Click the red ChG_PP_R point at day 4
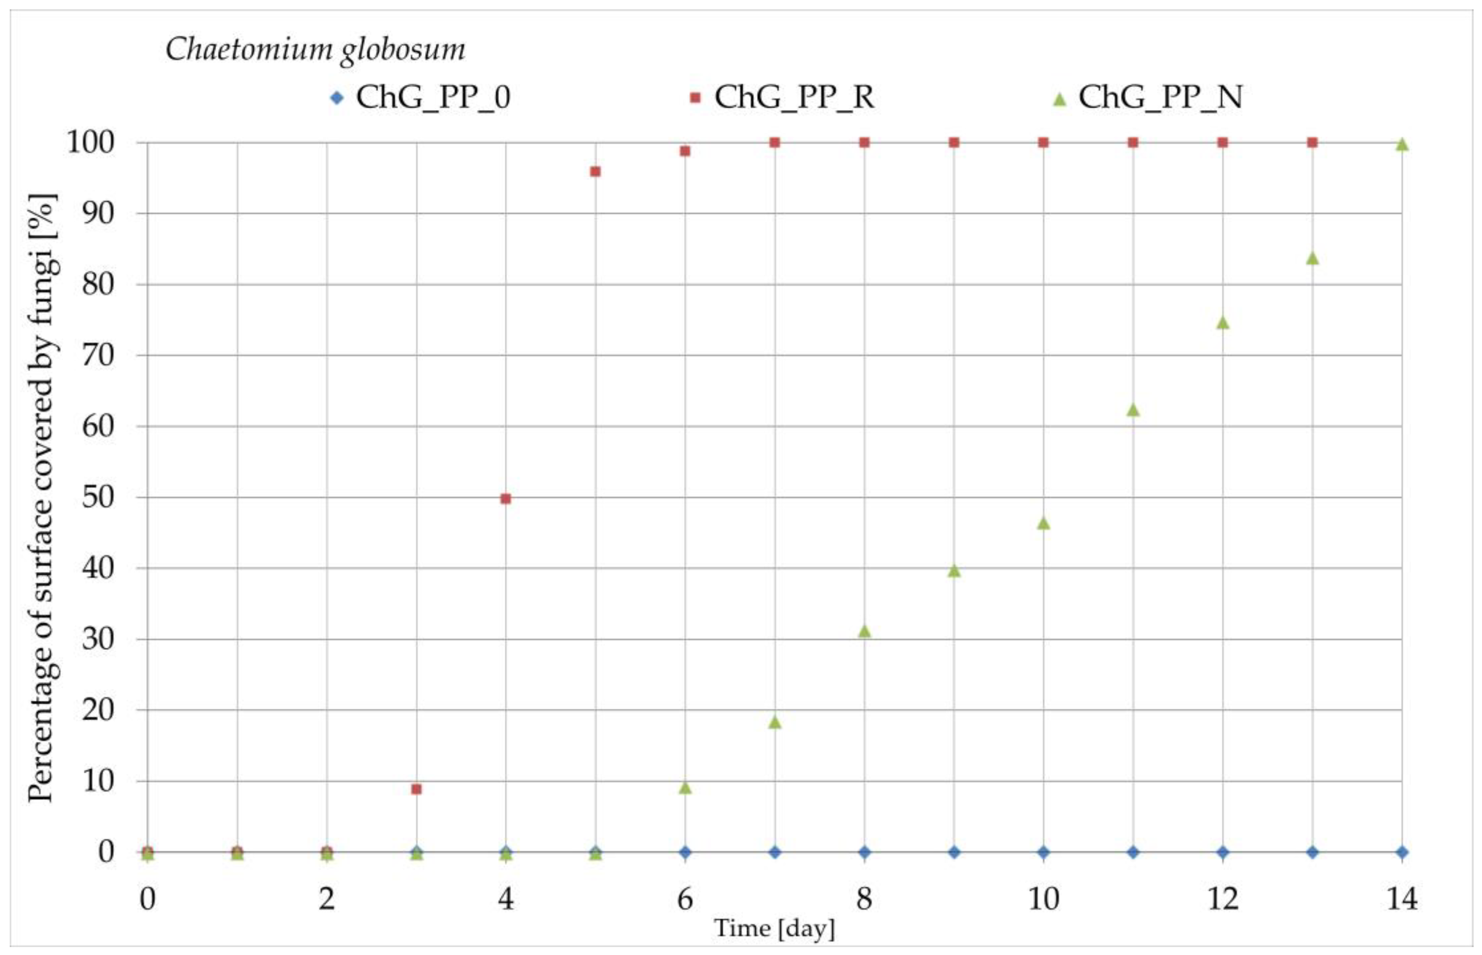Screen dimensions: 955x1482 click(506, 499)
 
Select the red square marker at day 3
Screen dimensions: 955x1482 click(416, 789)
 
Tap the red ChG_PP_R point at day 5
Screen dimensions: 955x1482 click(595, 172)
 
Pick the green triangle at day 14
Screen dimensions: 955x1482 click(1401, 145)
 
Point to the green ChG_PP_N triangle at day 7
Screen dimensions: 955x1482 click(774, 722)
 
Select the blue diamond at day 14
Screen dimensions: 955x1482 click(1401, 852)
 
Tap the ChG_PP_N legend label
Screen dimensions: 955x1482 click(1159, 97)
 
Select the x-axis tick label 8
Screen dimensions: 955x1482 click(864, 898)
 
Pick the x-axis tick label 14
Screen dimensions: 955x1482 click(1401, 898)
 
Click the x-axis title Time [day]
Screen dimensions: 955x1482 click(774, 929)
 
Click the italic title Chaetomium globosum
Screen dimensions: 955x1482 click(315, 50)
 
